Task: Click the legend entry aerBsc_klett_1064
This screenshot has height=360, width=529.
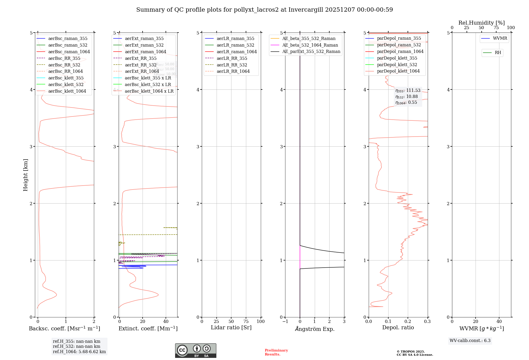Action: pos(67,91)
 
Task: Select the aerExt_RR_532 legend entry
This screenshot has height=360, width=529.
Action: pos(140,65)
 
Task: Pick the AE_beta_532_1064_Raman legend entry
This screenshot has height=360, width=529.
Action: pos(310,45)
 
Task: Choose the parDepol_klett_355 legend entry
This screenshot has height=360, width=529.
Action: pos(397,58)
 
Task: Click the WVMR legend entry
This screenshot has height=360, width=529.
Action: pos(500,38)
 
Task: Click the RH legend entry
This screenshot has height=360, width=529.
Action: pos(498,53)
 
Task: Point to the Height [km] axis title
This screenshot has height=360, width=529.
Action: pos(25,175)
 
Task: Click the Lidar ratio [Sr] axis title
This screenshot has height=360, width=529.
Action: pos(231,328)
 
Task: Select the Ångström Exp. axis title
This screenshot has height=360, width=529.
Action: pos(314,329)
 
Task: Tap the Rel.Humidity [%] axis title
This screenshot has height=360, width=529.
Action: pos(481,23)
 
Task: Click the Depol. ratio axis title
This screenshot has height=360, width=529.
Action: pos(398,328)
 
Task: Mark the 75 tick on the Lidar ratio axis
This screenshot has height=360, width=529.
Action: pos(246,322)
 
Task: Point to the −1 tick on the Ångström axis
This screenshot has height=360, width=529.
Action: pos(285,322)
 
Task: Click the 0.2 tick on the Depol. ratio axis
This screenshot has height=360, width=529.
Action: pos(408,322)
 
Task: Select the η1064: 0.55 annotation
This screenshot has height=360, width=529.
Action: pos(406,102)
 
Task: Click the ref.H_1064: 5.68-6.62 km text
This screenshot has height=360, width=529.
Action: pos(79,352)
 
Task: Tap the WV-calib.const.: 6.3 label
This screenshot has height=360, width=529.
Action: pos(470,341)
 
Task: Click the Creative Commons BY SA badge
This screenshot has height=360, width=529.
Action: pos(195,351)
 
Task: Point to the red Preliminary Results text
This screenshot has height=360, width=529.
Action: pos(276,352)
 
